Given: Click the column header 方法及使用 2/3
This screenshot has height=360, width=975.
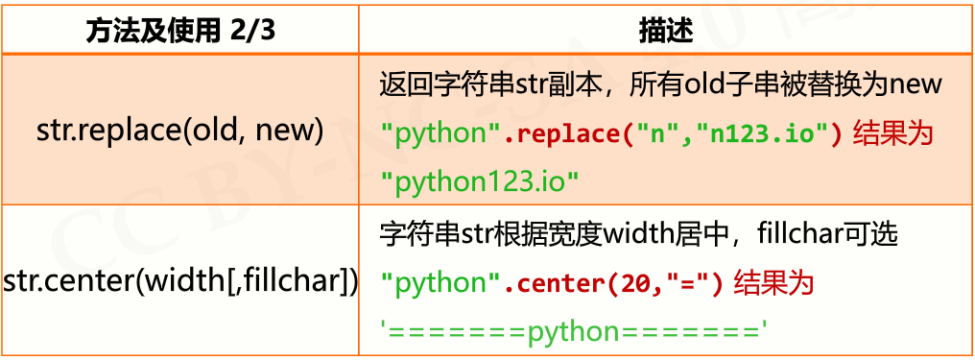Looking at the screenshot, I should [179, 29].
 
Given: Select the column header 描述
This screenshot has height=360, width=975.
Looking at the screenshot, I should [665, 29].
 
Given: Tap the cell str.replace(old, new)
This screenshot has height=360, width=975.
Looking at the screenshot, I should [179, 129].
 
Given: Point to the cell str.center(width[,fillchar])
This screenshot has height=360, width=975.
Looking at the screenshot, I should [180, 281].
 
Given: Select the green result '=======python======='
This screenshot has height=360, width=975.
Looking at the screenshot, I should [575, 331].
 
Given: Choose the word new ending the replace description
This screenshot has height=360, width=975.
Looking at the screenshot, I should [916, 84].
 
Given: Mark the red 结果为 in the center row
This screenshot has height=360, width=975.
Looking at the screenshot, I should [773, 282].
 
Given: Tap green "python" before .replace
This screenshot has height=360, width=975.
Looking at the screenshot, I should [435, 132].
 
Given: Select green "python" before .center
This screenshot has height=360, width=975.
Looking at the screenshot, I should [435, 282].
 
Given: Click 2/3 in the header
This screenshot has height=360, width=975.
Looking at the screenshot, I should [252, 30].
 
